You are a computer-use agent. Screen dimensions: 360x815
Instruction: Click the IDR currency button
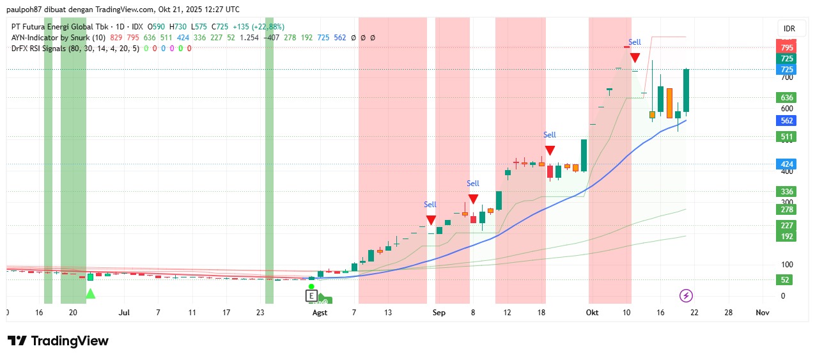[790, 29]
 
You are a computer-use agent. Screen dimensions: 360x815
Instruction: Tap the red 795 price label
[787, 48]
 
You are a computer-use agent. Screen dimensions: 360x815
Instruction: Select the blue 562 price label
[787, 121]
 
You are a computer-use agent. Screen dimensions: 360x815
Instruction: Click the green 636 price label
[787, 98]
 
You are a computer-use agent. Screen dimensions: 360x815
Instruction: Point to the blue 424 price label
[787, 164]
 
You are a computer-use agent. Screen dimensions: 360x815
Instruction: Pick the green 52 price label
[787, 280]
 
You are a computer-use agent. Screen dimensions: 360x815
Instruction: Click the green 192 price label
[787, 237]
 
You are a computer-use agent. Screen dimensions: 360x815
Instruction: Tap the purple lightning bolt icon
[686, 295]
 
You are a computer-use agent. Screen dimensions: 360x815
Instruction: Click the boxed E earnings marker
[311, 296]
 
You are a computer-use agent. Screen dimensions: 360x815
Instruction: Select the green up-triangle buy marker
[90, 293]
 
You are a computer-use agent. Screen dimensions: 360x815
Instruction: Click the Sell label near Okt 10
[634, 42]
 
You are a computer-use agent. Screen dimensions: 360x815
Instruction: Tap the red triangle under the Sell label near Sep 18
[550, 151]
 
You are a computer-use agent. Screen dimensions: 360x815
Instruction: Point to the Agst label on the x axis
[319, 313]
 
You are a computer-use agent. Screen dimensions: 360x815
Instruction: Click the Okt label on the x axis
[593, 313]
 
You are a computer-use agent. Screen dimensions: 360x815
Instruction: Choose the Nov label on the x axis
[762, 313]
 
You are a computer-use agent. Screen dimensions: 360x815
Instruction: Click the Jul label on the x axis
[124, 313]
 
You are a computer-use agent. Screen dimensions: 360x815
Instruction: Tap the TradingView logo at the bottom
[58, 341]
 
